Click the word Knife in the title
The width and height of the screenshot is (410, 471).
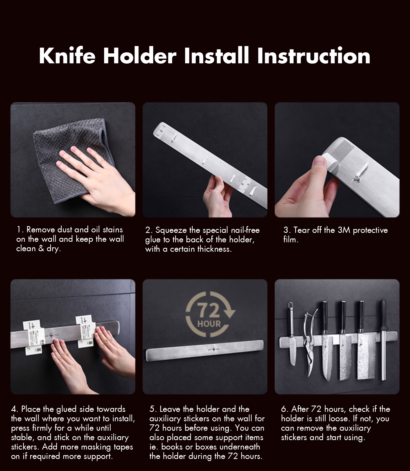click(x=67, y=56)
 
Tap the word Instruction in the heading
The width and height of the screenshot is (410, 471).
click(x=314, y=56)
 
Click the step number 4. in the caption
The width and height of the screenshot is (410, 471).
click(x=15, y=409)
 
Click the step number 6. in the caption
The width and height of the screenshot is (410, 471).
click(x=285, y=409)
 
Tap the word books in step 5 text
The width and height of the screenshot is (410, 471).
click(x=172, y=447)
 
